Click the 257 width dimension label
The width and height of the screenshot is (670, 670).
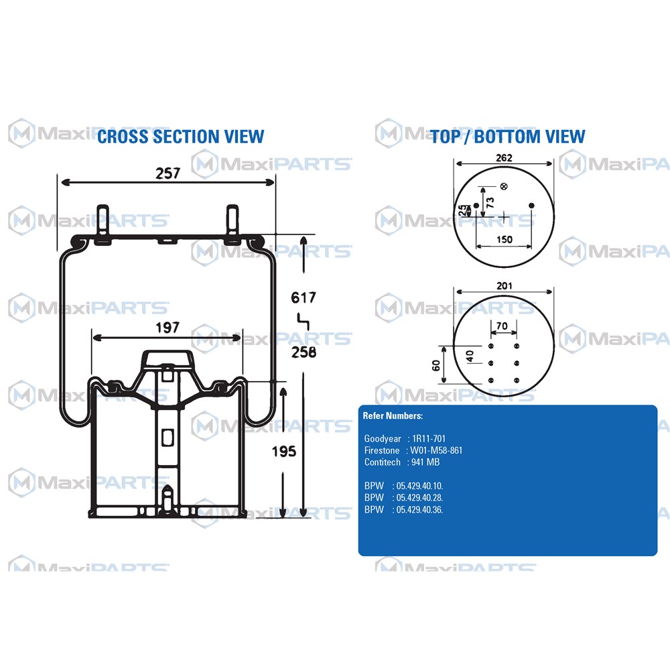point(167,173)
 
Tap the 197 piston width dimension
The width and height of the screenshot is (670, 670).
point(167,328)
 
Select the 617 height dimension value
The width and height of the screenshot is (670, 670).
point(304,297)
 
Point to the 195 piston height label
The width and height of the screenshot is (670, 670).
point(283,451)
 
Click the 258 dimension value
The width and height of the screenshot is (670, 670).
point(304,352)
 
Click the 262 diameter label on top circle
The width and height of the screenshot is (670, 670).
point(505,157)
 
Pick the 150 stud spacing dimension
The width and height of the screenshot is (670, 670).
point(505,239)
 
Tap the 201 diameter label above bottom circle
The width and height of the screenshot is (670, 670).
point(505,285)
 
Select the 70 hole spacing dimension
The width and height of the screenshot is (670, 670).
point(502,326)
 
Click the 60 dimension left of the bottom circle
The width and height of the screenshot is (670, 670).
point(435,365)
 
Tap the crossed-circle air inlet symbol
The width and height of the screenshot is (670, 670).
point(504,186)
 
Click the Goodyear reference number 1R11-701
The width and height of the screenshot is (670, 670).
point(429,438)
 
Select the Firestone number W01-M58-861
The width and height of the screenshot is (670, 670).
point(436,450)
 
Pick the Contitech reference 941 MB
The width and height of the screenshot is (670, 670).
point(425,462)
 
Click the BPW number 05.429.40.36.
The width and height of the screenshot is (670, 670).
point(419,509)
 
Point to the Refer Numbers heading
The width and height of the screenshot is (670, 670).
point(393,416)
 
